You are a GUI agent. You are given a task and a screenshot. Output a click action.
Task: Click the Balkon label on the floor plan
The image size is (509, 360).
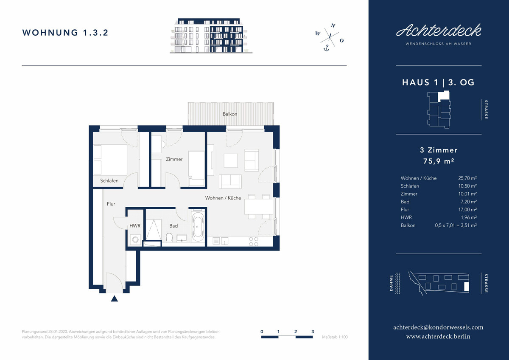coord(230,114)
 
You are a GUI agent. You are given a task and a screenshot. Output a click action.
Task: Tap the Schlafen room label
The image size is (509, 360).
coord(109,180)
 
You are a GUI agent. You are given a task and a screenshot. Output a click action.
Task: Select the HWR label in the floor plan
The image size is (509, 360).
coord(135,225)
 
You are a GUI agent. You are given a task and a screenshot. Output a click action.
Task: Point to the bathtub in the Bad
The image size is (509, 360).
coord(198,227)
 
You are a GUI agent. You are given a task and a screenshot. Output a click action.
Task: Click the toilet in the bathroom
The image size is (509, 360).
coord(169,237)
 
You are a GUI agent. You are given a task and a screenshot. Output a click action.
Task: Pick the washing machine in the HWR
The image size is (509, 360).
coord(135,239)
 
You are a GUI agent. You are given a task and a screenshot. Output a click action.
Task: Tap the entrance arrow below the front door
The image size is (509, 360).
coord(114,298)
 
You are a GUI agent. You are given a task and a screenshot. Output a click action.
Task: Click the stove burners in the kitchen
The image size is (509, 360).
coord(254,242)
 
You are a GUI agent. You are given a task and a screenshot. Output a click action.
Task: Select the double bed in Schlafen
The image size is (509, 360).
coord(110,160)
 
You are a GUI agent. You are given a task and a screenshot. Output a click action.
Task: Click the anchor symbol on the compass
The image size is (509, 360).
coord(326,48)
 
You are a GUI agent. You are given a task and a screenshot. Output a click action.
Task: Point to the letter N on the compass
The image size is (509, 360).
coord(333,25)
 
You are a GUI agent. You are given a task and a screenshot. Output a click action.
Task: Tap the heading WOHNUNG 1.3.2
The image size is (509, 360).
coord(65,33)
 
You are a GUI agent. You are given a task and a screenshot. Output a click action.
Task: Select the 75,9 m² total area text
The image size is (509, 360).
coord(439,161)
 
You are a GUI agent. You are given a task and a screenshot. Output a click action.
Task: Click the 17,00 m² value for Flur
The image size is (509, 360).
coord(467,209)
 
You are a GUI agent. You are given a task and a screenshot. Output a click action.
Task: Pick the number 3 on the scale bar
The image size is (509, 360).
coord(313,332)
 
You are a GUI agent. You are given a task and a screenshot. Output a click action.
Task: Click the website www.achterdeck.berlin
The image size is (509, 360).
coord(438,336)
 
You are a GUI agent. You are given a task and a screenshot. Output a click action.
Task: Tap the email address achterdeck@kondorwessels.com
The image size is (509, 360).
coord(438,327)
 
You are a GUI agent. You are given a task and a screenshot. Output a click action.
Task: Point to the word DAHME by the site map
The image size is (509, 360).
coord(391,283)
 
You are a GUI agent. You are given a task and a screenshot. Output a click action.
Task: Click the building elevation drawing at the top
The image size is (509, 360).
coord(211,36)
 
